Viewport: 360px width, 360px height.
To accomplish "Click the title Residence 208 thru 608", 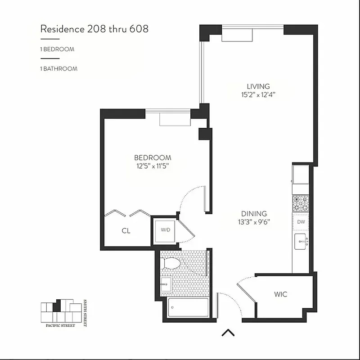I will (x=94, y=29).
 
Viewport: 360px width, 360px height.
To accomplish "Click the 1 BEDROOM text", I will (x=57, y=49).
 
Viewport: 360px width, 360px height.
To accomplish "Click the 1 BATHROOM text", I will (x=58, y=69).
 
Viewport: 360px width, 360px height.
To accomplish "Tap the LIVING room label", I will (x=258, y=86).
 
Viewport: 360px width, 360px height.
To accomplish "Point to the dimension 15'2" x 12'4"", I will (x=258, y=94).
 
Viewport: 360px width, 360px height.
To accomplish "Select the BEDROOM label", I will (x=153, y=158).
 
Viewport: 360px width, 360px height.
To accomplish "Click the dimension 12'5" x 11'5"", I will (x=153, y=166).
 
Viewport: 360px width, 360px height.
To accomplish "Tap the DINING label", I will (x=254, y=214).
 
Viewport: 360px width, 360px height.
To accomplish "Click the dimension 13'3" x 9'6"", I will (x=254, y=222).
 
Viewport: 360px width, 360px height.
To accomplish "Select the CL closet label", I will (x=126, y=231).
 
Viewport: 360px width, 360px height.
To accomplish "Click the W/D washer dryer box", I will (x=166, y=230).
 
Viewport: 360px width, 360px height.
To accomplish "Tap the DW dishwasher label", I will (x=301, y=222).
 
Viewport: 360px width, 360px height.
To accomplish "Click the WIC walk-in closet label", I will (x=281, y=295).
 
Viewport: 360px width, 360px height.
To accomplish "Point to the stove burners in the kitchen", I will (x=301, y=203).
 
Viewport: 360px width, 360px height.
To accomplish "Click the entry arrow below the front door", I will (x=229, y=333).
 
